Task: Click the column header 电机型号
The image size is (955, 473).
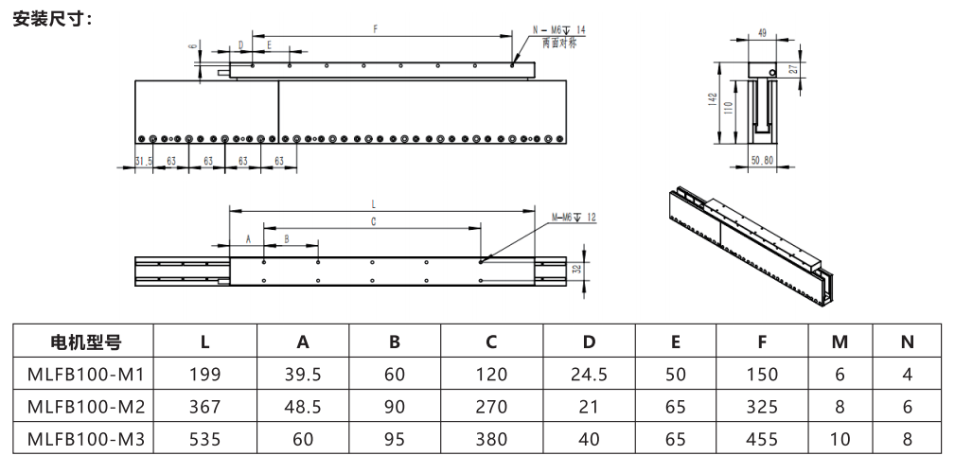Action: click(85, 342)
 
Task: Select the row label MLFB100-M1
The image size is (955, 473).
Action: click(85, 375)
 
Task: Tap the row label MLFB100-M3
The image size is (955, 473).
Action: click(85, 439)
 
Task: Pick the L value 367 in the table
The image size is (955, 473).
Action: click(204, 407)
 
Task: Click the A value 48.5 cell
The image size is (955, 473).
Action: click(303, 407)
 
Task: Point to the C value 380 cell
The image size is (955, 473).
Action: click(491, 439)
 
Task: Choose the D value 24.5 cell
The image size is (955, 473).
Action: click(589, 375)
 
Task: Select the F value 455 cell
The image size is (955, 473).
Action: click(762, 439)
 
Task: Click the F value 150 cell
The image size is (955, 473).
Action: click(762, 375)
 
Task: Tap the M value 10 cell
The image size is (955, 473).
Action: click(840, 439)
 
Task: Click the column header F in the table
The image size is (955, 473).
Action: click(762, 342)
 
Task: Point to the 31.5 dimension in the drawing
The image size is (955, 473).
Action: click(143, 161)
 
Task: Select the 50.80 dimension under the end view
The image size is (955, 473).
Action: click(762, 160)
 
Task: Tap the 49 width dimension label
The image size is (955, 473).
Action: click(763, 33)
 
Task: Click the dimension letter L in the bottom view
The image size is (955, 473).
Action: click(373, 203)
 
